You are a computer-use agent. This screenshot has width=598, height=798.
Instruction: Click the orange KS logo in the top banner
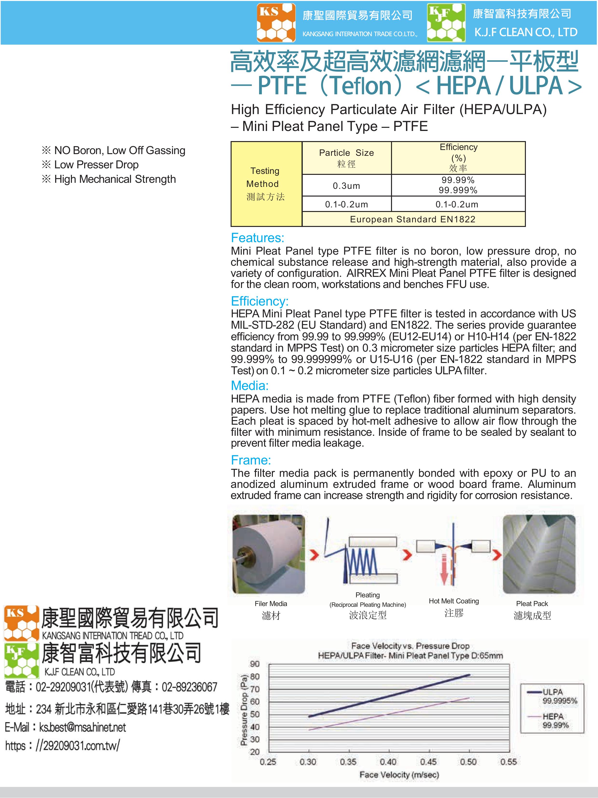276,23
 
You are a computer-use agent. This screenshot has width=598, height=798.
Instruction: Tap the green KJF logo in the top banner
446,23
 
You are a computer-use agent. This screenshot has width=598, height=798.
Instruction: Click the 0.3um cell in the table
346,186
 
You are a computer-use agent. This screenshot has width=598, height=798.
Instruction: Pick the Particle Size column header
346,158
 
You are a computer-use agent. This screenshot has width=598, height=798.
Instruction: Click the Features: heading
257,238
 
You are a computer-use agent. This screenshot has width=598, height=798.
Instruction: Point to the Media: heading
249,386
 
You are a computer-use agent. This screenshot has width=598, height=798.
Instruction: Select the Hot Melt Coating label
454,601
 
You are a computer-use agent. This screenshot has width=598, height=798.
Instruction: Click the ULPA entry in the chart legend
552,692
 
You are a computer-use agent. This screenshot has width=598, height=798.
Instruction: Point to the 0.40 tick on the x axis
388,762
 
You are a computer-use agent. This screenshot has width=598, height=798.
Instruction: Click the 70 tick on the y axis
255,689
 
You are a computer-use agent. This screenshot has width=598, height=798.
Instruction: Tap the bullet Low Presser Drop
96,164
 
